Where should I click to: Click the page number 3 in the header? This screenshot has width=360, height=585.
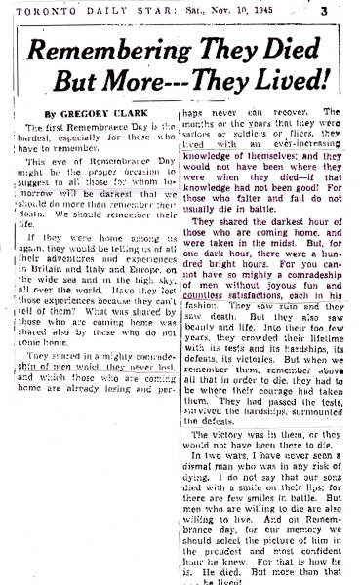pyautogui.click(x=347, y=11)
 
